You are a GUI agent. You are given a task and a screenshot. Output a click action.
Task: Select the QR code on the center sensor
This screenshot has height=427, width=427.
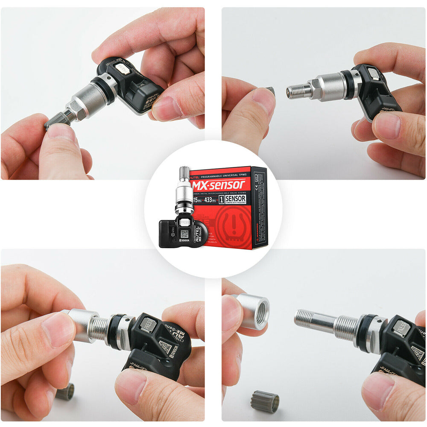(184, 234)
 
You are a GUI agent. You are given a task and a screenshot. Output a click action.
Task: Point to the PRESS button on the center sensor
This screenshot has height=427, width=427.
(184, 222)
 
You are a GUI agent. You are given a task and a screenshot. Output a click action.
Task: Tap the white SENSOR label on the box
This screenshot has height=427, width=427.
(236, 199)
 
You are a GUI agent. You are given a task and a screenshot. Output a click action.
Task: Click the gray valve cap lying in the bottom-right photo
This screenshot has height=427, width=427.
(265, 402)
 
